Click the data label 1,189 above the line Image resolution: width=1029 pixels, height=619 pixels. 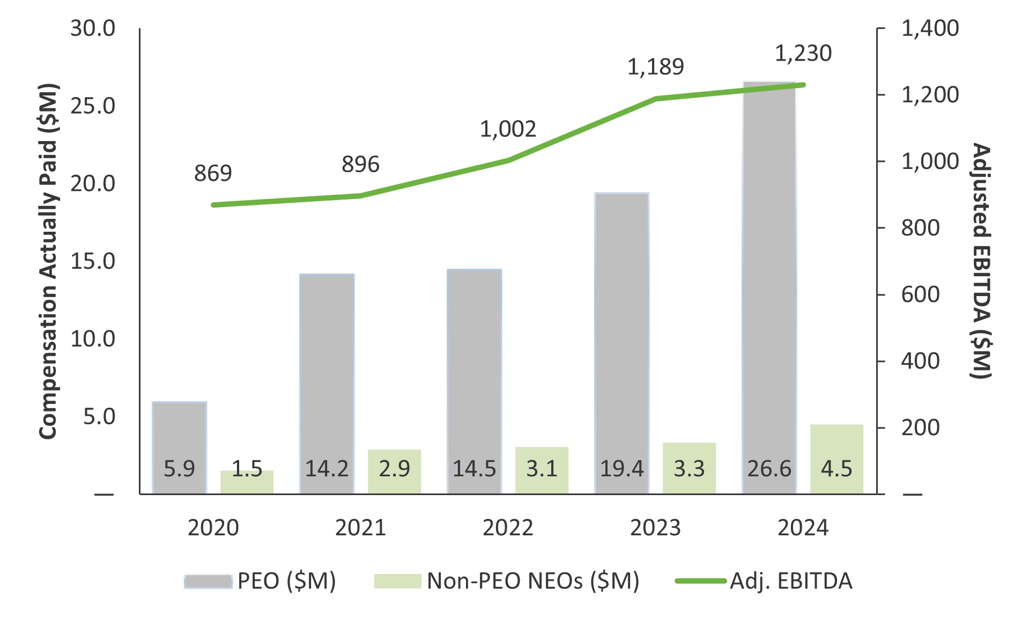pyautogui.click(x=655, y=67)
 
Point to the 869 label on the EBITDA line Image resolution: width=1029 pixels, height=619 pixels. pyautogui.click(x=213, y=173)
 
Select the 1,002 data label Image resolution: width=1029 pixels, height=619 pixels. pyautogui.click(x=508, y=129)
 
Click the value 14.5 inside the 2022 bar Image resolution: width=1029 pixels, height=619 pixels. pyautogui.click(x=474, y=469)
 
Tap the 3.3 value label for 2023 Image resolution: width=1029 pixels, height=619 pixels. pyautogui.click(x=689, y=469)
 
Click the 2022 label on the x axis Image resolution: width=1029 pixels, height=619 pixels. pyautogui.click(x=508, y=528)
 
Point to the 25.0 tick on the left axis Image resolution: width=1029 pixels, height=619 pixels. pyautogui.click(x=93, y=106)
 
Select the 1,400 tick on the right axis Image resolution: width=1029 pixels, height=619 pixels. pyautogui.click(x=929, y=28)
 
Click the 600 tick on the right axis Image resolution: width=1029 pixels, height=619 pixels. pyautogui.click(x=920, y=294)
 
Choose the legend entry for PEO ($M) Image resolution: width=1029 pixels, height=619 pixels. pyautogui.click(x=260, y=581)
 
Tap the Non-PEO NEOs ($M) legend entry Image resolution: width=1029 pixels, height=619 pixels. pyautogui.click(x=507, y=581)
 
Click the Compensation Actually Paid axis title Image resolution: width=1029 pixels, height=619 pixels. pyautogui.click(x=48, y=261)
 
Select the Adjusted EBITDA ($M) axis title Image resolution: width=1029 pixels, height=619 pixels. pyautogui.click(x=981, y=261)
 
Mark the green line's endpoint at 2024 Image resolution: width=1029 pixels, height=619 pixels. pyautogui.click(x=803, y=85)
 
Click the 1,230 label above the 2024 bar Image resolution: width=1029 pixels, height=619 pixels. pyautogui.click(x=803, y=54)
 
